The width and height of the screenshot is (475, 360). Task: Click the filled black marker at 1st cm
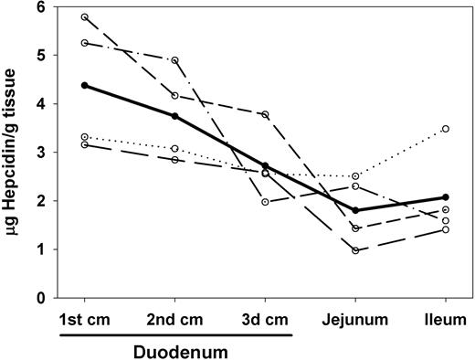pyautogui.click(x=85, y=85)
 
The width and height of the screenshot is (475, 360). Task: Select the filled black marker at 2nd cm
pyautogui.click(x=174, y=116)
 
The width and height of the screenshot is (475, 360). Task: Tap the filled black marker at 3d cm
pyautogui.click(x=265, y=166)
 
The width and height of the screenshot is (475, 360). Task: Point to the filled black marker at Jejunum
pyautogui.click(x=355, y=210)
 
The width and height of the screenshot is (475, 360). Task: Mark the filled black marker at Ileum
pyautogui.click(x=445, y=197)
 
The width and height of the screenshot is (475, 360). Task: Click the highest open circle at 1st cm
pyautogui.click(x=85, y=17)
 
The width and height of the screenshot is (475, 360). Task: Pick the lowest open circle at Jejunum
pyautogui.click(x=355, y=250)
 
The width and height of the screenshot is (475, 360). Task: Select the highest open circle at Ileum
pyautogui.click(x=445, y=129)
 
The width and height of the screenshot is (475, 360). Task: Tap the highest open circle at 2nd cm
pyautogui.click(x=174, y=60)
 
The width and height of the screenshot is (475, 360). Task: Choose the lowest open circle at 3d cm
pyautogui.click(x=265, y=202)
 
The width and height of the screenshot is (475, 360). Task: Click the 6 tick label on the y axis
pyautogui.click(x=41, y=7)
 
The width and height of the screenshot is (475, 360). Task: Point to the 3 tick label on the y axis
pyautogui.click(x=41, y=153)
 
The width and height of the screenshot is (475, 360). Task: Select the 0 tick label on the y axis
pyautogui.click(x=41, y=298)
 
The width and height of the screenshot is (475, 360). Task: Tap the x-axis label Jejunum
pyautogui.click(x=355, y=321)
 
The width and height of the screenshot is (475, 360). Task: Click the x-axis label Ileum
pyautogui.click(x=445, y=321)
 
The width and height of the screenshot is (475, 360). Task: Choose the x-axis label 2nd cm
pyautogui.click(x=174, y=321)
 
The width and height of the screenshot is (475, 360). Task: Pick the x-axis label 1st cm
pyautogui.click(x=85, y=321)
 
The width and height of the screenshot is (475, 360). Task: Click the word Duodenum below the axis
pyautogui.click(x=176, y=349)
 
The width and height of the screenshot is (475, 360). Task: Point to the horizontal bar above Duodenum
pyautogui.click(x=176, y=334)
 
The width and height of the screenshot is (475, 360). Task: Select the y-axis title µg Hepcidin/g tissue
pyautogui.click(x=13, y=151)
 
